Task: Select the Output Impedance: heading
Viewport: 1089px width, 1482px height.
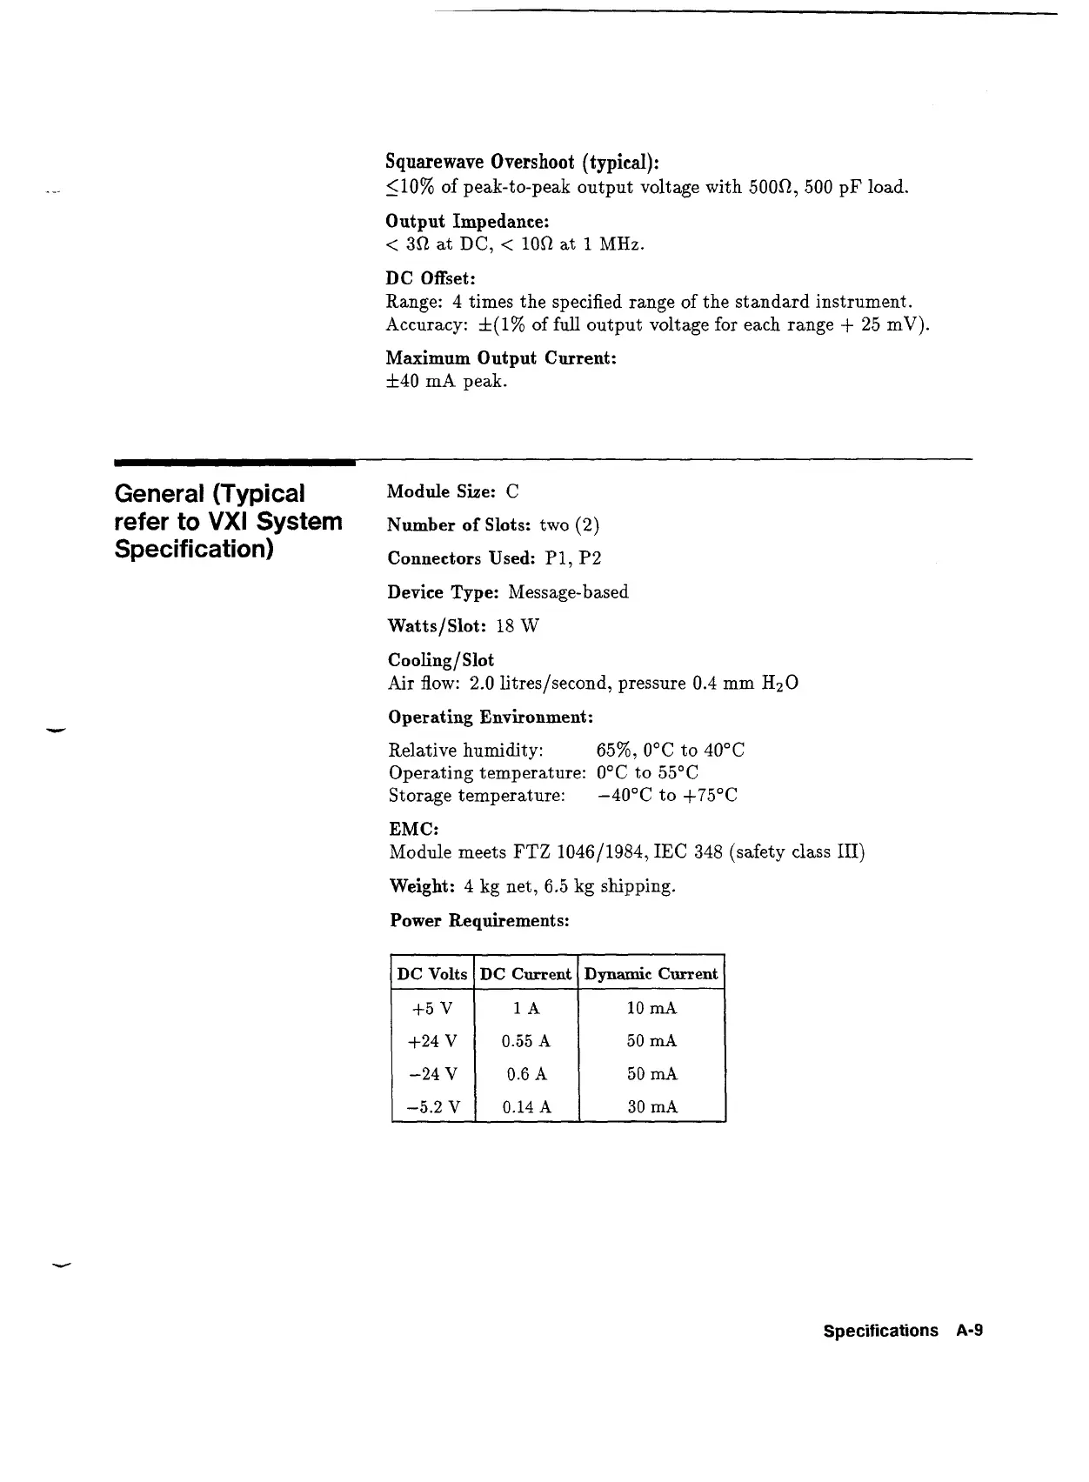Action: pyautogui.click(x=467, y=222)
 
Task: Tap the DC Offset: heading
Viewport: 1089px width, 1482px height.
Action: pyautogui.click(x=431, y=279)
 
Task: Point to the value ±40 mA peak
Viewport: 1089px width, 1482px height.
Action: pyautogui.click(x=446, y=382)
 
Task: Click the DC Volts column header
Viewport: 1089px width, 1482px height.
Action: pyautogui.click(x=432, y=974)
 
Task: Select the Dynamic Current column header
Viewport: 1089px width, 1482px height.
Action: pyautogui.click(x=651, y=974)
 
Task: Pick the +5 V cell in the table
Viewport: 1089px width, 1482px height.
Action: pyautogui.click(x=432, y=1009)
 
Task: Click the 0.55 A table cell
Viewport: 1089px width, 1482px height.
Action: pyautogui.click(x=526, y=1042)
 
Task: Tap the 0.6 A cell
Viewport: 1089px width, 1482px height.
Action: pyautogui.click(x=526, y=1075)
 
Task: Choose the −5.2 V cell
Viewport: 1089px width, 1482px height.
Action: pyautogui.click(x=432, y=1108)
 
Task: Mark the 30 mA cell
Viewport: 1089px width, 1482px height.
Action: pyautogui.click(x=651, y=1108)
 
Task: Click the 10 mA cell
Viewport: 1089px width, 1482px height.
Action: pyautogui.click(x=651, y=1009)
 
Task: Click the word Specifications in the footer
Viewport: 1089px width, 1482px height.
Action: pyautogui.click(x=880, y=1332)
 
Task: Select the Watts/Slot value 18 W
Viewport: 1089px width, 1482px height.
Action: pyautogui.click(x=518, y=626)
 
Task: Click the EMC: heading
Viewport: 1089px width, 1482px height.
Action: pyautogui.click(x=413, y=830)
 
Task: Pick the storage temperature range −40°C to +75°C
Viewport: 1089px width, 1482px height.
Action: pyautogui.click(x=667, y=796)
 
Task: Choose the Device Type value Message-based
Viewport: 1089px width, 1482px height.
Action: pyautogui.click(x=568, y=592)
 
